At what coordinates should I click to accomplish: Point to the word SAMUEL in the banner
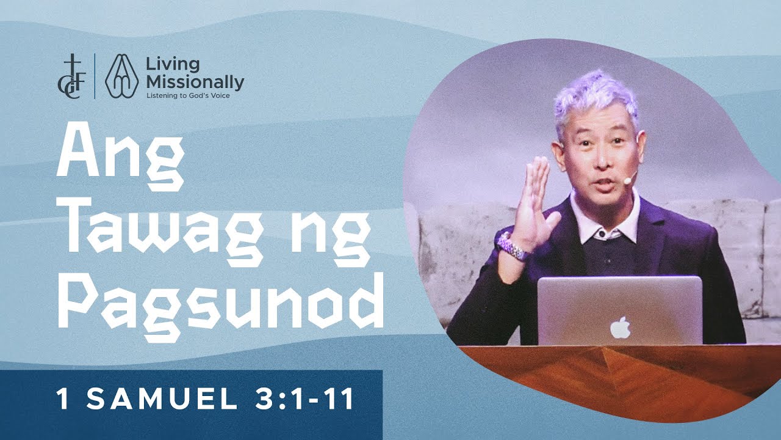click(161, 400)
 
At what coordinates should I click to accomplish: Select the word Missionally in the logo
click(195, 82)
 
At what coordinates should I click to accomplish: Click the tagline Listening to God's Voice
click(188, 95)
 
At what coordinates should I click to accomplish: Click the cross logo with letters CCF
click(74, 76)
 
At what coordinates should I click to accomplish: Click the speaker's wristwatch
click(511, 245)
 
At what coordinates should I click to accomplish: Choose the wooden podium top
click(610, 373)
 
